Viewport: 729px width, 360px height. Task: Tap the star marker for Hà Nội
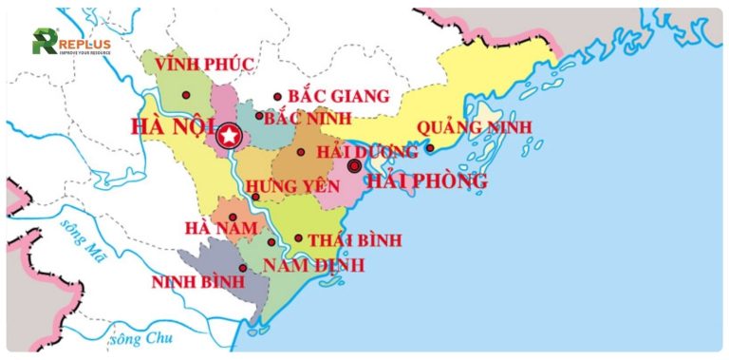(228, 137)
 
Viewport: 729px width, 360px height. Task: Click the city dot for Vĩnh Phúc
(185, 96)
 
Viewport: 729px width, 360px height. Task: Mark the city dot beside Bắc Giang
(277, 96)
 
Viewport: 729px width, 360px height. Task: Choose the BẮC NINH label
(308, 118)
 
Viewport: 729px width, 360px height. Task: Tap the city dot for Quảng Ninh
(429, 147)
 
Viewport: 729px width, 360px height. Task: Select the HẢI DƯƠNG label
(366, 152)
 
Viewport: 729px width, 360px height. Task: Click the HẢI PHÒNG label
(427, 180)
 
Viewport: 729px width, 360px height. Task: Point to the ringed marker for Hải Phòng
(354, 165)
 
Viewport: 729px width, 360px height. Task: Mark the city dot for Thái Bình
(298, 239)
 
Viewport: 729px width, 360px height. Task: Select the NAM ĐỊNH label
(313, 264)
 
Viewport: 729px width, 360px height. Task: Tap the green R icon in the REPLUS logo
(44, 41)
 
